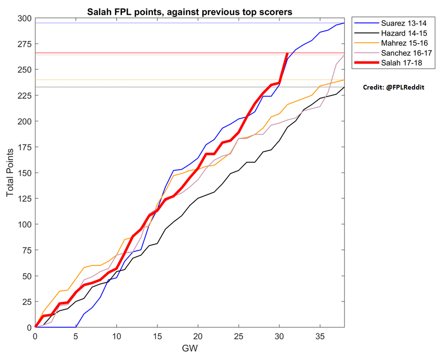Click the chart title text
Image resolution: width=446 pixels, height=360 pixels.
click(189, 12)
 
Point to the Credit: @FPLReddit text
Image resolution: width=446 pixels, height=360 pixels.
click(394, 87)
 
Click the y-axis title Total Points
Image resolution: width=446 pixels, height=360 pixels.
click(10, 172)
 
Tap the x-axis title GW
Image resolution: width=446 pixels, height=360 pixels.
click(190, 348)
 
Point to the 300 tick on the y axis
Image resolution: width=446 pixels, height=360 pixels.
click(24, 18)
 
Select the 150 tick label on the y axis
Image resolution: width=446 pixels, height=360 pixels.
click(24, 173)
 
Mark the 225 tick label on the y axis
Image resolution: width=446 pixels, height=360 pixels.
click(24, 95)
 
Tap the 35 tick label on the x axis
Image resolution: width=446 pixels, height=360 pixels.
click(320, 337)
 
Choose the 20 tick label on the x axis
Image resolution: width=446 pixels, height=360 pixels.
click(198, 337)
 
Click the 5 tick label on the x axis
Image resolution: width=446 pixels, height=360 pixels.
click(76, 337)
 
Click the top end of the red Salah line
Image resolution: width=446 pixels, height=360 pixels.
click(287, 53)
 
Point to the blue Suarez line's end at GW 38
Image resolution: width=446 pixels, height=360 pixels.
click(344, 23)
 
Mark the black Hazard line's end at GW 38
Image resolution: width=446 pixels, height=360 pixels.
click(344, 87)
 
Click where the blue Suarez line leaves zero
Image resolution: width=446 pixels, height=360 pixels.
click(76, 327)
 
